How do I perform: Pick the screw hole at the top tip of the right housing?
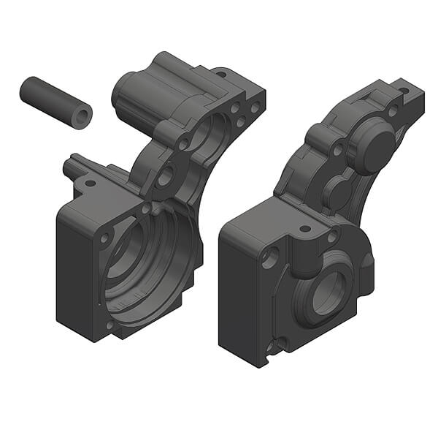tap(403, 92)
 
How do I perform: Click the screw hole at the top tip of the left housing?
tap(220, 74)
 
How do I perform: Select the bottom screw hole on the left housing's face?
tap(109, 324)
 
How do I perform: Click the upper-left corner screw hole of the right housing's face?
tap(272, 256)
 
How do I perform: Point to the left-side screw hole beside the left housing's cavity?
tap(105, 238)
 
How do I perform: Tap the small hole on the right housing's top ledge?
tap(306, 230)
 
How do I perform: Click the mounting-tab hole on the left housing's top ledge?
tap(90, 183)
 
